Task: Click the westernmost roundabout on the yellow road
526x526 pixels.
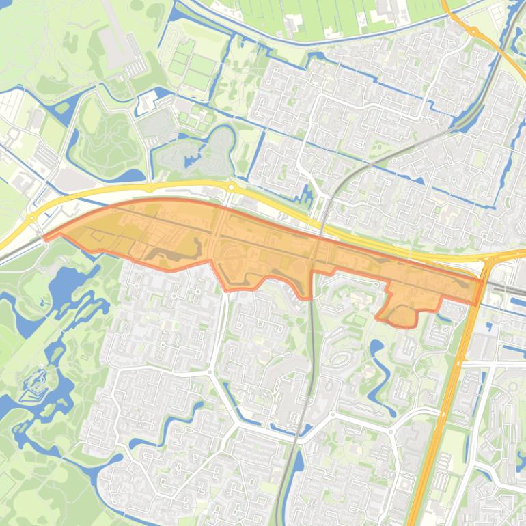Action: click(x=32, y=218)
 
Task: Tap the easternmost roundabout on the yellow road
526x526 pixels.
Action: click(x=232, y=187)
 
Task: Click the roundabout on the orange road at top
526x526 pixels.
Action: click(x=473, y=30)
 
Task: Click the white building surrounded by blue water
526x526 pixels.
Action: click(x=148, y=103)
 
